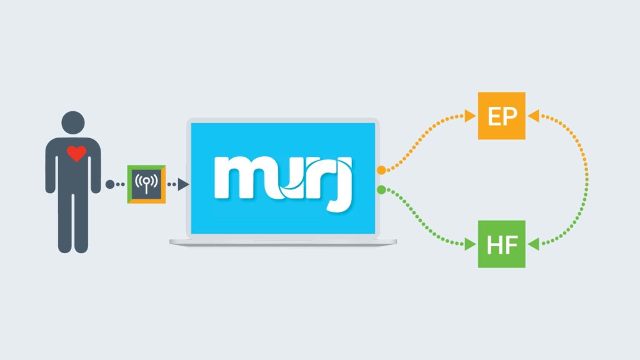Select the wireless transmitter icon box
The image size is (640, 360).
146,184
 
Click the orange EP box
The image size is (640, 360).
502,116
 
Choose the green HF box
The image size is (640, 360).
502,244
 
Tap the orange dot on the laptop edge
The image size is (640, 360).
381,170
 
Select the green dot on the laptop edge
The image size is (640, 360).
381,189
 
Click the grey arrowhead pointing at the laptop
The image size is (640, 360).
182,184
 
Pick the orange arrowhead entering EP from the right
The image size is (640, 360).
533,116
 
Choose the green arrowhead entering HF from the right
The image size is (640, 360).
533,244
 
